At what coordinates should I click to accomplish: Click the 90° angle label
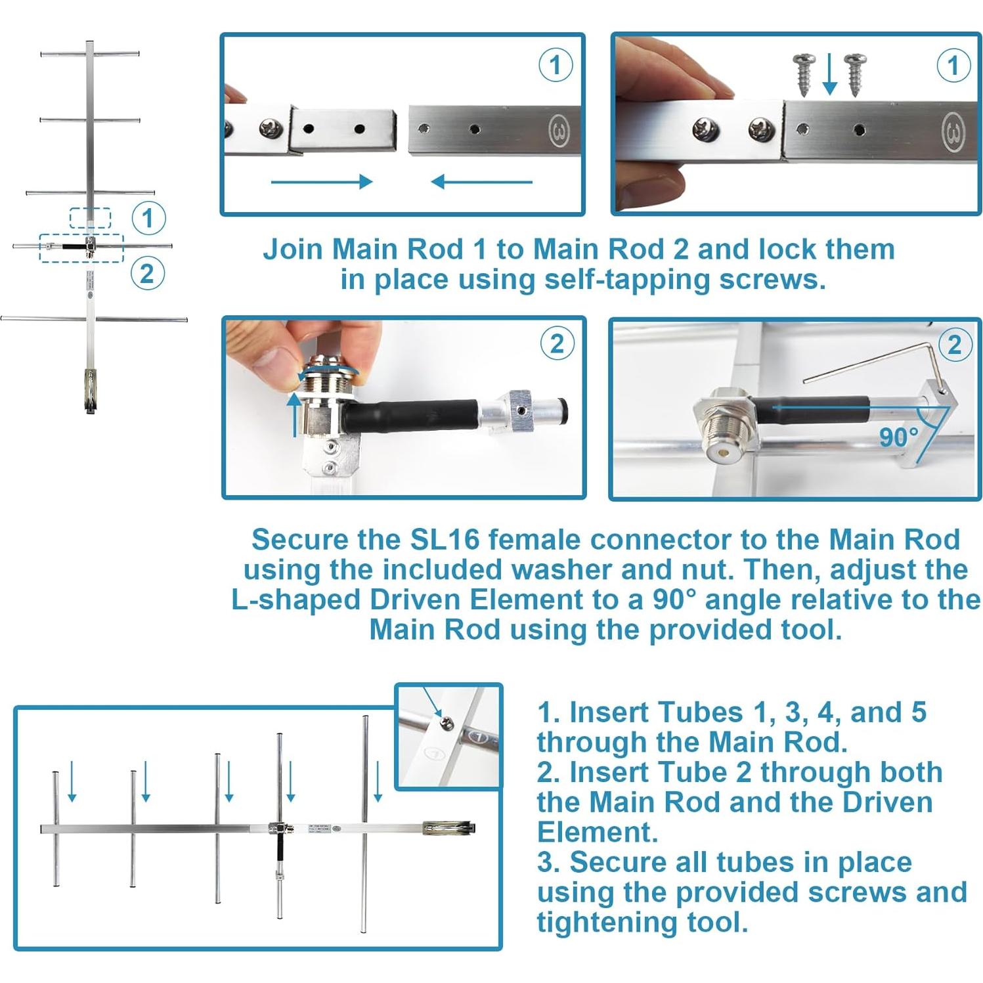[898, 437]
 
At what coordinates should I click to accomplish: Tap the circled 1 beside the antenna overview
[148, 217]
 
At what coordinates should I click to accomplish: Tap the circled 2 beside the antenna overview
[147, 273]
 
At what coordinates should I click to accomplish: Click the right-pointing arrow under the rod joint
[321, 182]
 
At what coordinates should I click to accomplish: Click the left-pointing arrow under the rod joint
[481, 182]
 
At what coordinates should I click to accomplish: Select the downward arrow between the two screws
[829, 74]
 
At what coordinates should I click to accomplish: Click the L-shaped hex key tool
[873, 358]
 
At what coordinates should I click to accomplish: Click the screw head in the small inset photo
[446, 722]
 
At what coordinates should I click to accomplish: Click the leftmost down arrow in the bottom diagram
[72, 781]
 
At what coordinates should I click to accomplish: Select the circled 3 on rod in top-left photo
[559, 132]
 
